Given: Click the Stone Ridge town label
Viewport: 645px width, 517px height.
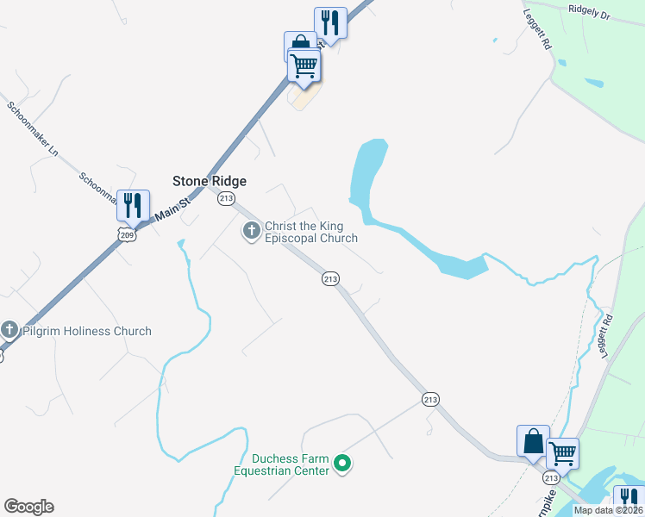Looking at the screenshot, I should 209,181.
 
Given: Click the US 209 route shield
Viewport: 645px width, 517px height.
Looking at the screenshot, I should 127,234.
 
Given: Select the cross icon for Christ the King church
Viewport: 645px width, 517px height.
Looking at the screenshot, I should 252,231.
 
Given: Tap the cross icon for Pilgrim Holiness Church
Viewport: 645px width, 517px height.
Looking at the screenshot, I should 9,330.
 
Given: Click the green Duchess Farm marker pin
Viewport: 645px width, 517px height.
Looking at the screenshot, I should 342,464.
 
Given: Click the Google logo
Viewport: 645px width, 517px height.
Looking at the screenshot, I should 28,507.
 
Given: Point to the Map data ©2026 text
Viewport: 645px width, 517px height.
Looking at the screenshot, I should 608,510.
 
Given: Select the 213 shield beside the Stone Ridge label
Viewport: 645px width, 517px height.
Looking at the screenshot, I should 226,199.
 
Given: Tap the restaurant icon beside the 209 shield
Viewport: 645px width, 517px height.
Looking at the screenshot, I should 133,205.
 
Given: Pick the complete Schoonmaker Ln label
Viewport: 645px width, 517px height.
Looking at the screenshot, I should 32,129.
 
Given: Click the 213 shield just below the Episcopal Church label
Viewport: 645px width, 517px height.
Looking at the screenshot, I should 330,278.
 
